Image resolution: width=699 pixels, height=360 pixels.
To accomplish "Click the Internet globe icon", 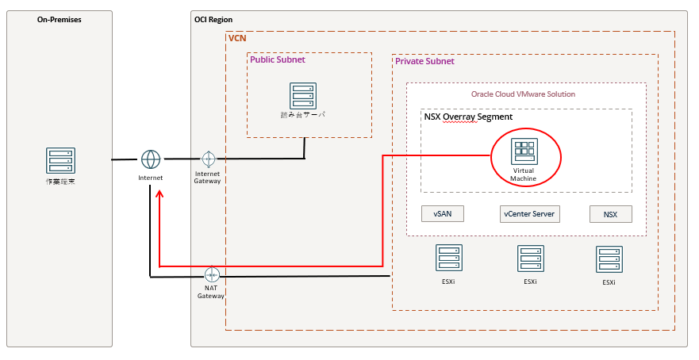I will click(151, 159).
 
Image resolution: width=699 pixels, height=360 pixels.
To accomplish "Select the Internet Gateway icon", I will click(208, 159).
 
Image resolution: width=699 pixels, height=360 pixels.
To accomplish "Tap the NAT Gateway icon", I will click(211, 275).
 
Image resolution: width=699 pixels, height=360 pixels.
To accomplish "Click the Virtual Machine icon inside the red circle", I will click(524, 151).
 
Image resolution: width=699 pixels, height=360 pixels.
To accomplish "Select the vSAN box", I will click(443, 214).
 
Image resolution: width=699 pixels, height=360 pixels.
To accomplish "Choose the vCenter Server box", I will click(530, 214).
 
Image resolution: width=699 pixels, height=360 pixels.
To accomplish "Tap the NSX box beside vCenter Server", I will click(610, 214).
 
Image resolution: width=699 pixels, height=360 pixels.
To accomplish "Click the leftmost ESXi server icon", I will click(449, 259).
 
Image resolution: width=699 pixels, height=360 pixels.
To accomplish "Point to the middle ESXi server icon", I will click(531, 259).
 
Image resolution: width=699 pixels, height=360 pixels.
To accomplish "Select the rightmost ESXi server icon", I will click(609, 260).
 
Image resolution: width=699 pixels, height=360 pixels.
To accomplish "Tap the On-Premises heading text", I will click(60, 19).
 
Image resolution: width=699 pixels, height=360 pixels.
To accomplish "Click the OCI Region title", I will click(213, 19).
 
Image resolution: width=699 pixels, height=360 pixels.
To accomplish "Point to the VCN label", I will click(237, 38).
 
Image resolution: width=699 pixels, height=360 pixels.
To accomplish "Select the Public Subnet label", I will click(278, 59).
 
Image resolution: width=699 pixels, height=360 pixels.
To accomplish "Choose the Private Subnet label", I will click(424, 61).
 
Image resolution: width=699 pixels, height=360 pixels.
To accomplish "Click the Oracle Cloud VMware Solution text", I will click(524, 94).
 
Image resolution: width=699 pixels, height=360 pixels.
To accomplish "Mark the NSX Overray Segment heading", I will click(468, 117).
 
